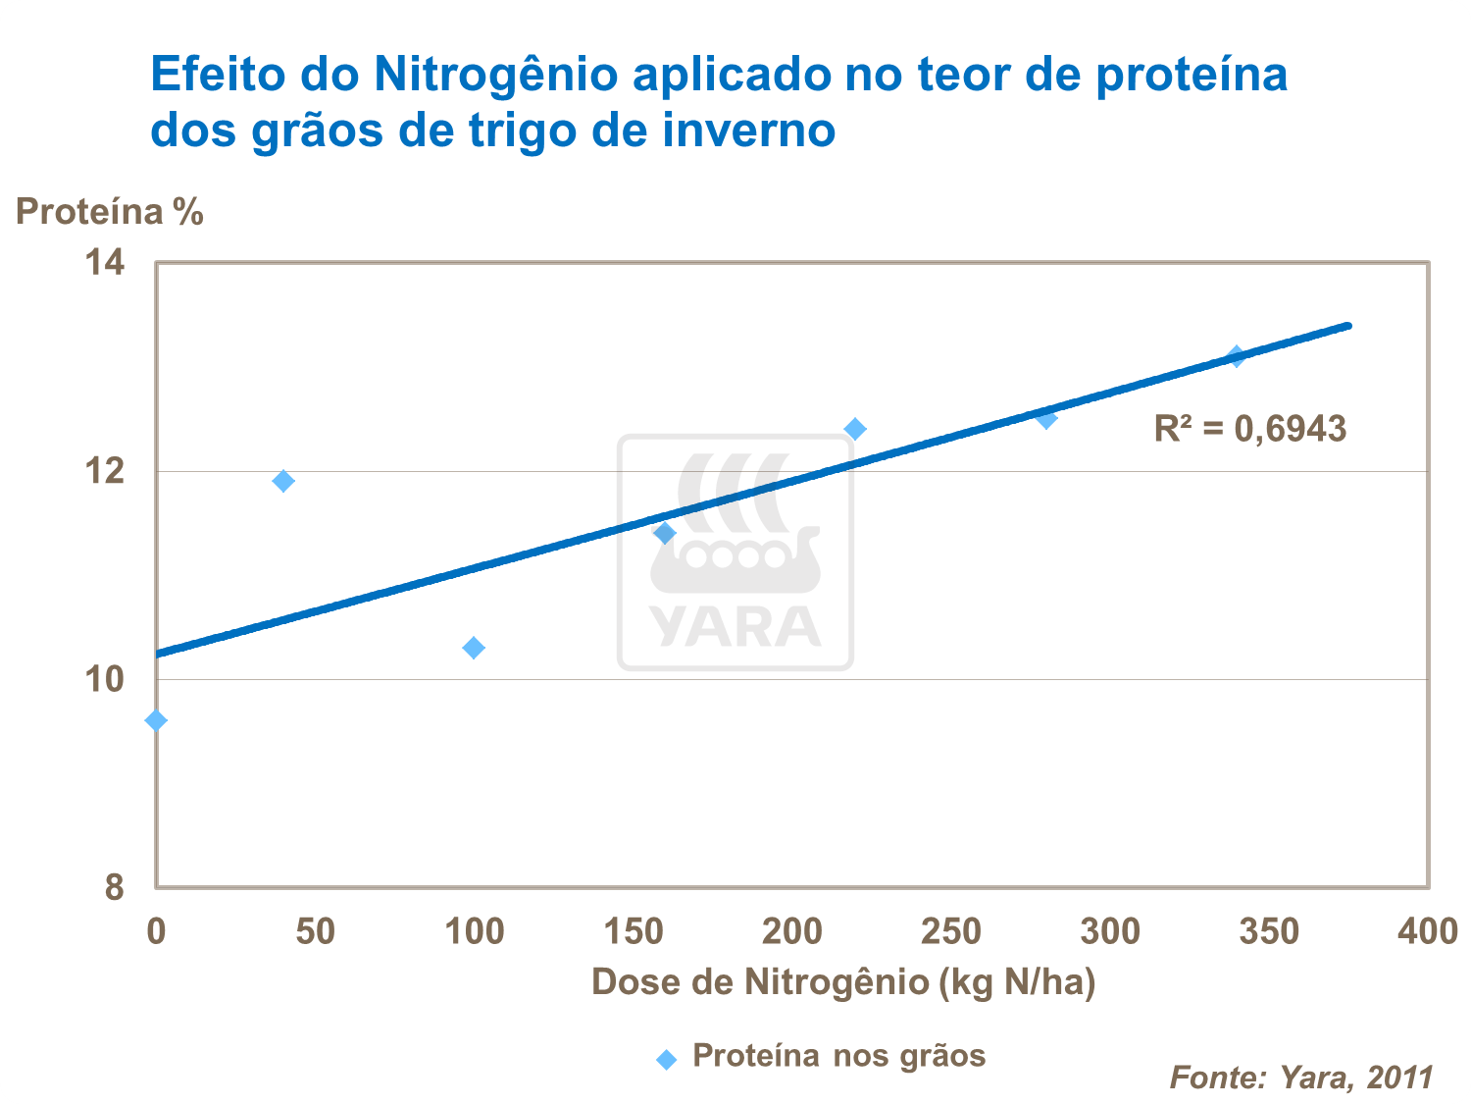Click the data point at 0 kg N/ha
156,721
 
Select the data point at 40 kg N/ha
283,481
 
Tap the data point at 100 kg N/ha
474,648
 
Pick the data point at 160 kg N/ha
665,533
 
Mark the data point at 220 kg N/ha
855,429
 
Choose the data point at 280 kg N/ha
1046,418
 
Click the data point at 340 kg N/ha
1237,355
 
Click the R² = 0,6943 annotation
1250,429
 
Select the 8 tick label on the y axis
115,887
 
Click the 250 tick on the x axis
950,931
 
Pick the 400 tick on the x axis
1428,931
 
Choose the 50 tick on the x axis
315,931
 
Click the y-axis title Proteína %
110,212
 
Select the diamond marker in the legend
667,1059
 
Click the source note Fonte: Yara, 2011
1301,1078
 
